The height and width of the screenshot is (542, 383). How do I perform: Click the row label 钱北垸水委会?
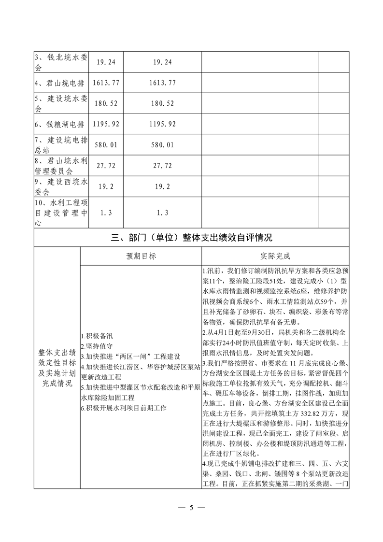pyautogui.click(x=61, y=62)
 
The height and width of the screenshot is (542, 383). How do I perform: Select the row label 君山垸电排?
pyautogui.click(x=61, y=83)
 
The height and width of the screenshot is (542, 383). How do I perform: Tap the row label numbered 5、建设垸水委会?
pyautogui.click(x=61, y=103)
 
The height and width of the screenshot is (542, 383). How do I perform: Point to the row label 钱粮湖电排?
pyautogui.click(x=61, y=124)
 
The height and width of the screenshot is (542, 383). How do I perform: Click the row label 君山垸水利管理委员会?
pyautogui.click(x=61, y=166)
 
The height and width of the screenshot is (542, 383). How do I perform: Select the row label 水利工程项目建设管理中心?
pyautogui.click(x=61, y=213)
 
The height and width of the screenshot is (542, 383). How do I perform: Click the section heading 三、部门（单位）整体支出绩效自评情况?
pyautogui.click(x=191, y=238)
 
